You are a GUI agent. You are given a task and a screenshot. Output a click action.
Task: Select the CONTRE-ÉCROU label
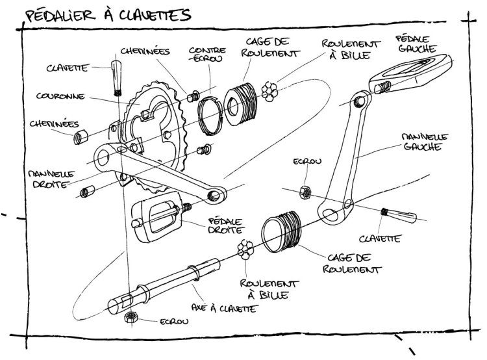pyautogui.click(x=207, y=55)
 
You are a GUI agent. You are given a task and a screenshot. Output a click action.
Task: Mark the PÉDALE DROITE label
pyautogui.click(x=224, y=225)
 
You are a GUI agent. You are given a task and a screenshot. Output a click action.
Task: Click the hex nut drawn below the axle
pyautogui.click(x=130, y=318)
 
